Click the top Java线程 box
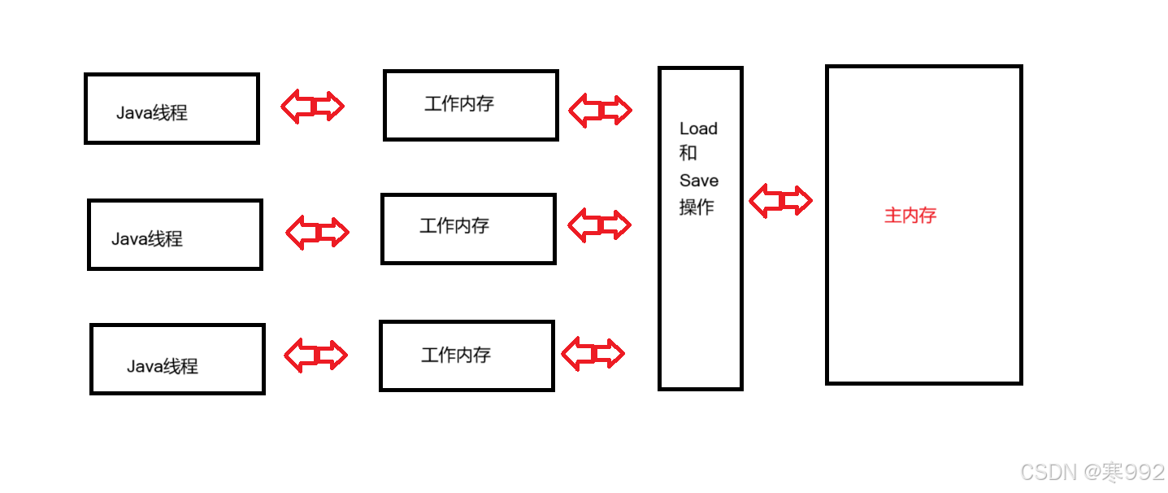click(x=172, y=108)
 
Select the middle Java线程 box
click(x=175, y=234)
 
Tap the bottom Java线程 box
click(x=177, y=359)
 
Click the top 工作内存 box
click(x=471, y=105)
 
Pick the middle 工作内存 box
click(x=468, y=229)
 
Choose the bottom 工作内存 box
click(x=467, y=356)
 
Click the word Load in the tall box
click(x=698, y=129)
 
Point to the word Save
click(x=699, y=181)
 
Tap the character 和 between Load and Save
click(x=688, y=153)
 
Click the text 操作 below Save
click(x=697, y=207)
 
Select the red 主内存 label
click(x=910, y=216)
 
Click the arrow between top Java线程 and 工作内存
click(x=313, y=106)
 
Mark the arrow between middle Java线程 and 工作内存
click(x=317, y=232)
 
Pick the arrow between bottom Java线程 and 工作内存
click(x=315, y=355)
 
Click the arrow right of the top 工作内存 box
click(x=600, y=110)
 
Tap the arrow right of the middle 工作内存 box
click(x=599, y=225)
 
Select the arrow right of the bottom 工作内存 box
click(x=593, y=354)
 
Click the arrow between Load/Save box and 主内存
click(x=780, y=201)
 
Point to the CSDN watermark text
click(x=1092, y=472)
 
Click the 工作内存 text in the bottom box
click(x=456, y=355)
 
